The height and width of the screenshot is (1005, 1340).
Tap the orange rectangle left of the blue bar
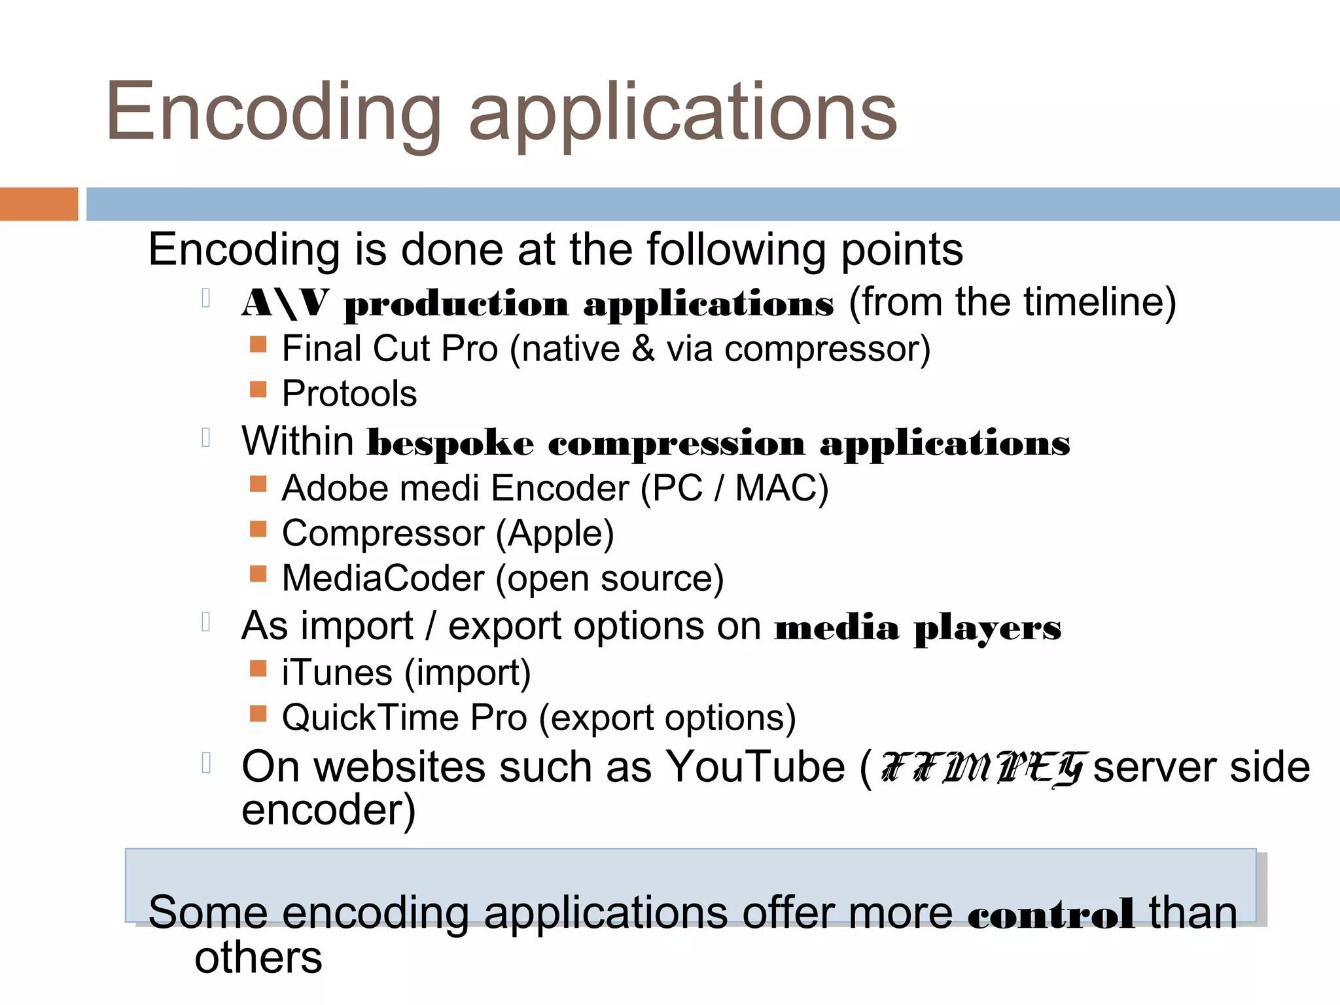[39, 204]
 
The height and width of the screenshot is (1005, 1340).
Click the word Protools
[349, 394]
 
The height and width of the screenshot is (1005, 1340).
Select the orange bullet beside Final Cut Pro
[258, 344]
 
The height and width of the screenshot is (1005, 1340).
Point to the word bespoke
[450, 443]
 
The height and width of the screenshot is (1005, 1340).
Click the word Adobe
[334, 488]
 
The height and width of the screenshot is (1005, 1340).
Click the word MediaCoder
[383, 578]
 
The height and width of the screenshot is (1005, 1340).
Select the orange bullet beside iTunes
[258, 668]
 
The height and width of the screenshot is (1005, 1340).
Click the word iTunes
[337, 673]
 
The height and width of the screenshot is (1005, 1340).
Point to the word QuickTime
[370, 718]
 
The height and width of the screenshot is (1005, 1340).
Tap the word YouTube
[755, 766]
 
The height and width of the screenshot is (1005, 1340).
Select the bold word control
[1051, 914]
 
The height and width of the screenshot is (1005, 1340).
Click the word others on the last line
[258, 958]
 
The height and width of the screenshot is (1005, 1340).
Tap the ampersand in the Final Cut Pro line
[643, 349]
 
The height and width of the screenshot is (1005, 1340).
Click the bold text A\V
[285, 304]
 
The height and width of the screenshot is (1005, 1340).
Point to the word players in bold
[988, 628]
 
